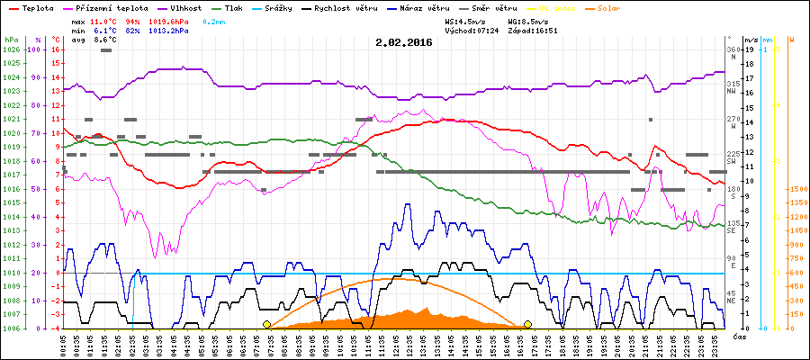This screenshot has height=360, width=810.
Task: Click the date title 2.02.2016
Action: click(x=403, y=41)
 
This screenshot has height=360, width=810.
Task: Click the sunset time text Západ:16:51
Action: click(x=532, y=30)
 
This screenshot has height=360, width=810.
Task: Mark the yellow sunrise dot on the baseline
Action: click(x=266, y=324)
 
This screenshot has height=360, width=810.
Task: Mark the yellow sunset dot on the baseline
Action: click(x=528, y=324)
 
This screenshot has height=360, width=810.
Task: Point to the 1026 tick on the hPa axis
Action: click(x=11, y=49)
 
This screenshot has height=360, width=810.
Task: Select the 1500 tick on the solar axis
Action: click(x=796, y=189)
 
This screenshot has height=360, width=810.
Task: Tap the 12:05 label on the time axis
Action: click(x=395, y=344)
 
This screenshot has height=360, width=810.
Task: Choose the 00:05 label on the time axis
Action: click(x=63, y=344)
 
